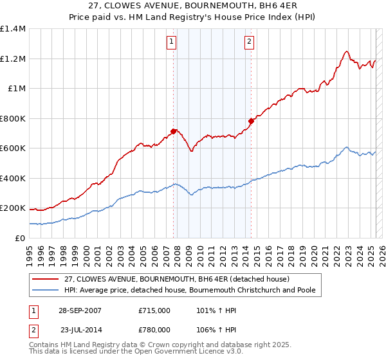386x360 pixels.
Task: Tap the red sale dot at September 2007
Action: tap(174, 131)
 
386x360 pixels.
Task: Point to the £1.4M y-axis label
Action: tap(14, 29)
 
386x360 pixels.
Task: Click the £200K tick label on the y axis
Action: tap(14, 208)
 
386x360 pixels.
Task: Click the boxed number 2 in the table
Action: tap(33, 330)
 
